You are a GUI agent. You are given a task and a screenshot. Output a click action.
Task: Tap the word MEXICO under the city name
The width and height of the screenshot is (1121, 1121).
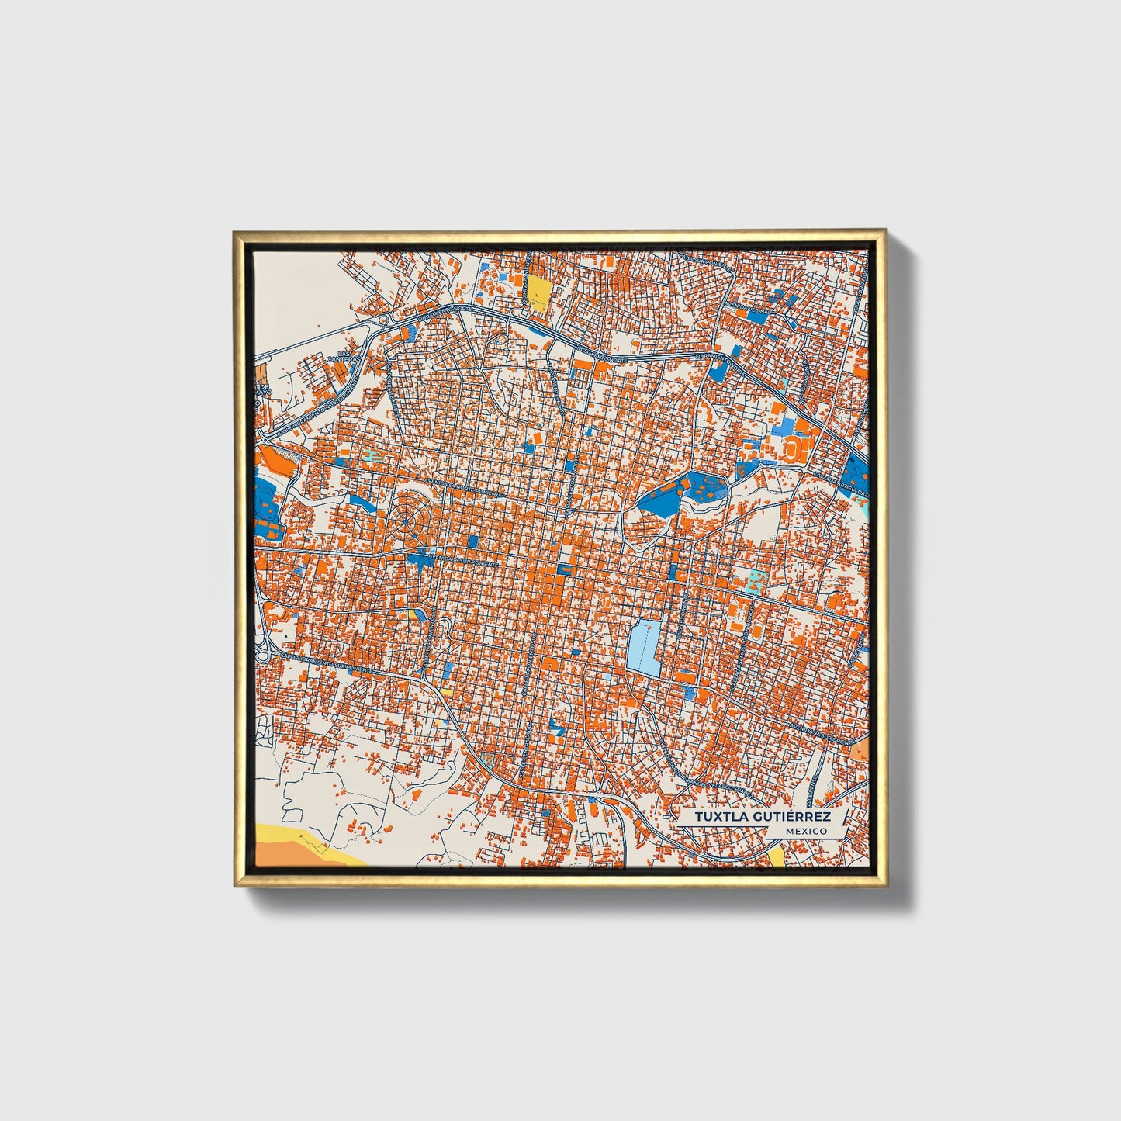click(805, 831)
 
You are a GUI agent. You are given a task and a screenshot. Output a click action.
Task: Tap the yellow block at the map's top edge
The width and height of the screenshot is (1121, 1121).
click(538, 294)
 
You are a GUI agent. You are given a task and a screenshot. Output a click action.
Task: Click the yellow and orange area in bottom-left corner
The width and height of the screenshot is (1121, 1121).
click(295, 846)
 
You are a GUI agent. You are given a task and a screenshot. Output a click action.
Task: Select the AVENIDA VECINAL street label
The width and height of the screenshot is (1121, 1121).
click(746, 311)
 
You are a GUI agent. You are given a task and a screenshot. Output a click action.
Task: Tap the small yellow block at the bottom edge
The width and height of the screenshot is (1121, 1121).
click(777, 856)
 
